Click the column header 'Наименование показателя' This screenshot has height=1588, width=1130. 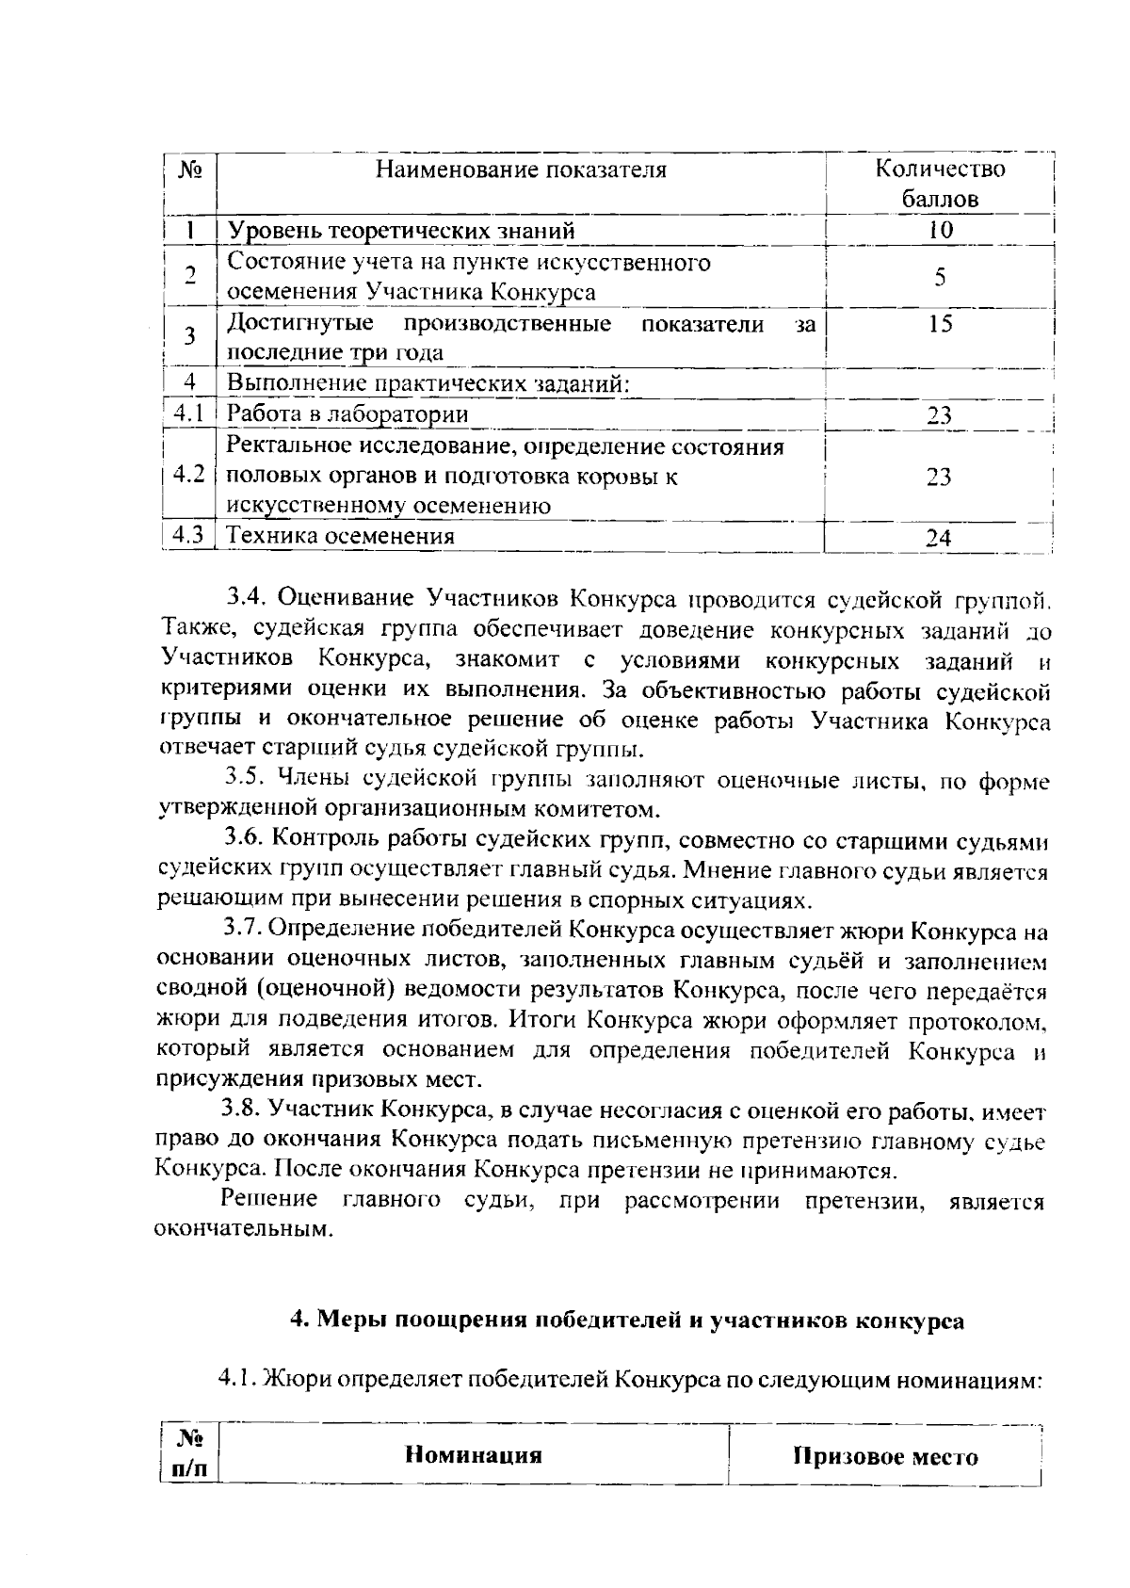521,170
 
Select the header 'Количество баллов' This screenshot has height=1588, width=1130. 939,184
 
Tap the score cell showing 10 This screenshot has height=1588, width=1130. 939,230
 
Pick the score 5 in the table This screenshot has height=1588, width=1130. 939,277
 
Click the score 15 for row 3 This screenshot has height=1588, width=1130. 939,324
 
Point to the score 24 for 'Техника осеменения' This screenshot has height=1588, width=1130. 939,538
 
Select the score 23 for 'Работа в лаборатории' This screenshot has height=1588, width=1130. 939,415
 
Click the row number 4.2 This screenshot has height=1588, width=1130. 189,475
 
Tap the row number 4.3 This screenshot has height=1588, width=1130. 189,536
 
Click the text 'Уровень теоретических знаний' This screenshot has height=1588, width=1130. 402,231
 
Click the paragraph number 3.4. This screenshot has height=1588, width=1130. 247,597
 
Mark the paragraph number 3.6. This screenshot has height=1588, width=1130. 246,839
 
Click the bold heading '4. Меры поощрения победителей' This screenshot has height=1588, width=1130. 626,1320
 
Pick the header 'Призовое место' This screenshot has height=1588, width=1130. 886,1457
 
